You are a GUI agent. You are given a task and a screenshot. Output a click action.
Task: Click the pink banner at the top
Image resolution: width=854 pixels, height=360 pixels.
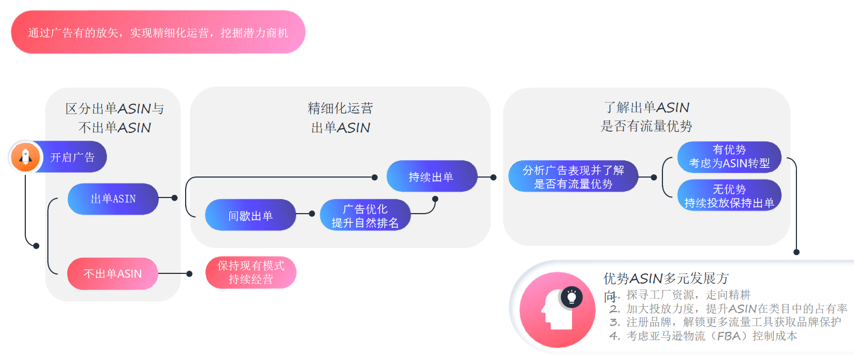pyautogui.click(x=158, y=32)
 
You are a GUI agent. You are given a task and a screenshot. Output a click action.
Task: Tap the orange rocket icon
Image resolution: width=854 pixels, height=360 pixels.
pyautogui.click(x=25, y=157)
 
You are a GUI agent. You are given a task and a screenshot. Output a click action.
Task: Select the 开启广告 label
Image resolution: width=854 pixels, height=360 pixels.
pyautogui.click(x=73, y=157)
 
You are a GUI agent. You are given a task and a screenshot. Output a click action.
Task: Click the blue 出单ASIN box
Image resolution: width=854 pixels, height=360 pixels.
pyautogui.click(x=113, y=199)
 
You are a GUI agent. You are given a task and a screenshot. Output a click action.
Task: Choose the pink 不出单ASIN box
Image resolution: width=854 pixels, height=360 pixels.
pyautogui.click(x=112, y=274)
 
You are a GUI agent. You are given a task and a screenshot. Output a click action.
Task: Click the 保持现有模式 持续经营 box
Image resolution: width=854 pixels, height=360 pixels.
pyautogui.click(x=251, y=272)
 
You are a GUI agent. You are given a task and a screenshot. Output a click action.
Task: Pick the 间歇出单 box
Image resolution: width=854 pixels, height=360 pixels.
pyautogui.click(x=250, y=215)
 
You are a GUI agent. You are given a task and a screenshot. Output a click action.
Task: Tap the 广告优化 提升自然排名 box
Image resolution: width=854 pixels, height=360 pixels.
pyautogui.click(x=365, y=215)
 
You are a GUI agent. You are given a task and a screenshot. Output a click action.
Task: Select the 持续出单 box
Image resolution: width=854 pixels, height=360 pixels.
pyautogui.click(x=432, y=177)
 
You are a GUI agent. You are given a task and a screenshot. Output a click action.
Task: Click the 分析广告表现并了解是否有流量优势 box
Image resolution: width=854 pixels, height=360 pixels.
pyautogui.click(x=573, y=177)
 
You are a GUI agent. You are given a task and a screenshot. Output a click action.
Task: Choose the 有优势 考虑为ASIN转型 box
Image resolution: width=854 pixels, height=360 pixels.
pyautogui.click(x=729, y=157)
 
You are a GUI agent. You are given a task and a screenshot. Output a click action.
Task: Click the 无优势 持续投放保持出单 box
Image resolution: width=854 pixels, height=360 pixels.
pyautogui.click(x=729, y=196)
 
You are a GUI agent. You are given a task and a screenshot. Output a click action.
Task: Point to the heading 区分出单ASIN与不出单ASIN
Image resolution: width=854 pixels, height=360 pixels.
pyautogui.click(x=114, y=118)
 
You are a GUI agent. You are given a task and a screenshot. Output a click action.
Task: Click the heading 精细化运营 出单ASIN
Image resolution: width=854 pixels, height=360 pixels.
pyautogui.click(x=340, y=118)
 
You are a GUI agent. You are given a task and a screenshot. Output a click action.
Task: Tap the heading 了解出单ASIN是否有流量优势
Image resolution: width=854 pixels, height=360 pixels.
pyautogui.click(x=646, y=117)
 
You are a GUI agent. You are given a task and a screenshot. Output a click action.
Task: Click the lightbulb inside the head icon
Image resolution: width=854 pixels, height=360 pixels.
pyautogui.click(x=571, y=297)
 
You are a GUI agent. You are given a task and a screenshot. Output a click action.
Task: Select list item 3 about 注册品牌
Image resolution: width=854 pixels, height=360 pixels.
pyautogui.click(x=725, y=322)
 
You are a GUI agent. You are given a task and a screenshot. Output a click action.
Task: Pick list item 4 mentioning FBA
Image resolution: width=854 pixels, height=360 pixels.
pyautogui.click(x=704, y=336)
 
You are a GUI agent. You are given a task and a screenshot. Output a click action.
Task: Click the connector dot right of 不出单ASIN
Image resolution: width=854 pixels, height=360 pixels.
pyautogui.click(x=189, y=274)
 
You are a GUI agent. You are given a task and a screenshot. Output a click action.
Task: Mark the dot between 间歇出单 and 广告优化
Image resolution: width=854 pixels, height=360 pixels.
pyautogui.click(x=312, y=214)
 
